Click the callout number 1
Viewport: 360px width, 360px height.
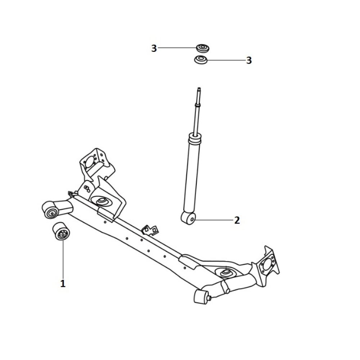pyautogui.click(x=63, y=283)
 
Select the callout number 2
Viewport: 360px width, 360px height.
pyautogui.click(x=237, y=220)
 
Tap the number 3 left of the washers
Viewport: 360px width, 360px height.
pyautogui.click(x=154, y=48)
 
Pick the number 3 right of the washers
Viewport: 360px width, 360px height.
pyautogui.click(x=249, y=60)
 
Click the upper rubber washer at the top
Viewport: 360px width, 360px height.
pyautogui.click(x=203, y=48)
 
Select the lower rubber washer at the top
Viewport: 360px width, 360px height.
pyautogui.click(x=201, y=60)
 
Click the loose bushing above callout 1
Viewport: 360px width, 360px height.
pyautogui.click(x=61, y=231)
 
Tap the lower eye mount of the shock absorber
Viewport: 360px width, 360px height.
pyautogui.click(x=189, y=218)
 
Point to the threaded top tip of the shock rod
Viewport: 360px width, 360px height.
pyautogui.click(x=199, y=89)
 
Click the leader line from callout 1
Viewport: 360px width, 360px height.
pyautogui.click(x=63, y=260)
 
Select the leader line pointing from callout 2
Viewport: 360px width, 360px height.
pyautogui.click(x=214, y=220)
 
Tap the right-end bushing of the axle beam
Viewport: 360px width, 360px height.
pyautogui.click(x=201, y=297)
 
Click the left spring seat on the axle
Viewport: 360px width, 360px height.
pyautogui.click(x=101, y=202)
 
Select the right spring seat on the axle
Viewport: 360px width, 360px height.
pyautogui.click(x=225, y=272)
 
